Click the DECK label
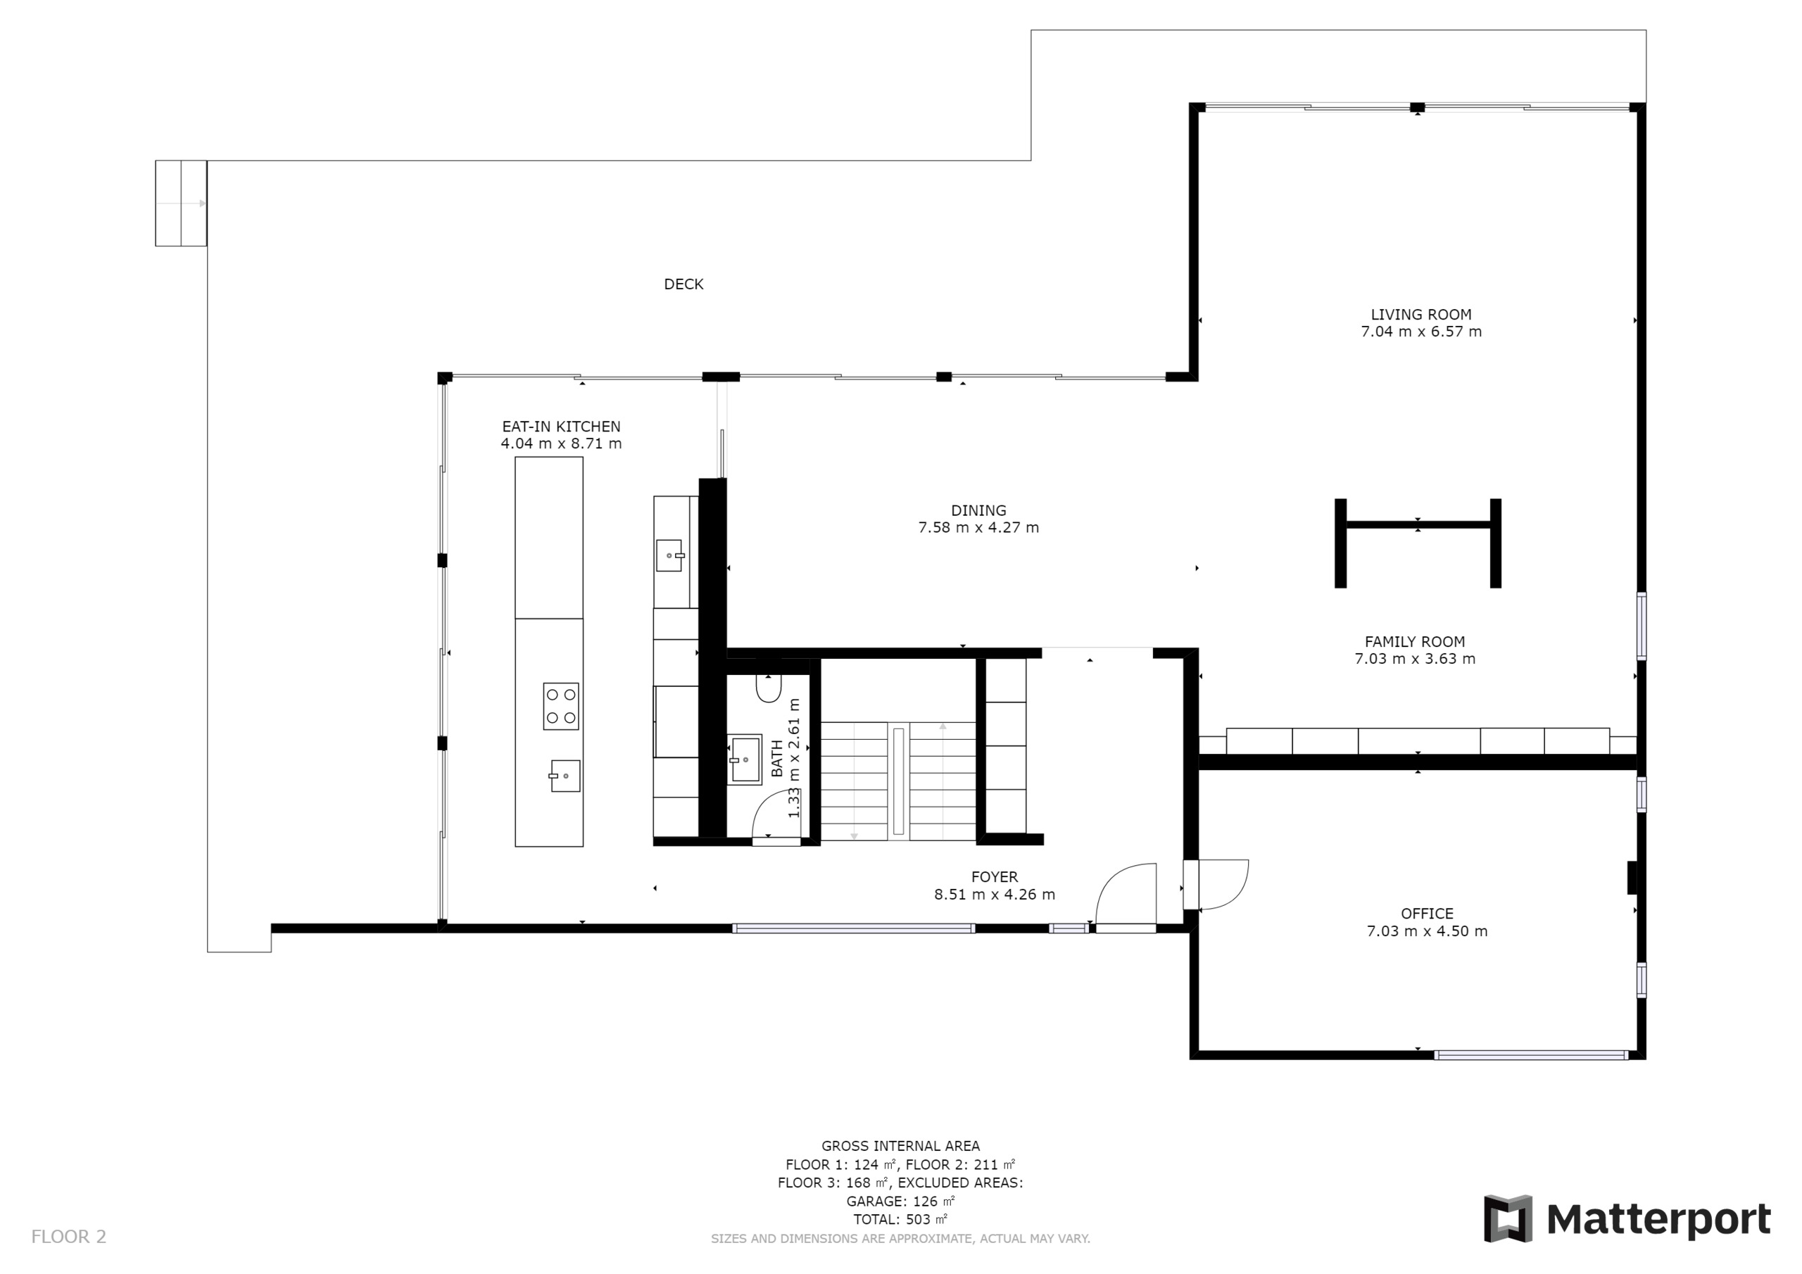[x=683, y=284]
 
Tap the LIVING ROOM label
[x=1420, y=315]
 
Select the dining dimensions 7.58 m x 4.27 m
[x=978, y=527]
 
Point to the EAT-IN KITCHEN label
[x=561, y=427]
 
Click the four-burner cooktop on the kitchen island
[x=561, y=706]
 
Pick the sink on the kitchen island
[x=565, y=776]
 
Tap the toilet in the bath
[x=769, y=688]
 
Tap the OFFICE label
[x=1427, y=914]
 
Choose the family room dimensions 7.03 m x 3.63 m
[x=1414, y=659]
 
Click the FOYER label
[x=995, y=877]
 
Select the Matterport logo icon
[x=1507, y=1218]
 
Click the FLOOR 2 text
[x=68, y=1236]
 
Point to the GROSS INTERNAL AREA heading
[x=900, y=1146]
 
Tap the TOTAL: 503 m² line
[x=900, y=1219]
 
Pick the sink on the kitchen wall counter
[x=669, y=555]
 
